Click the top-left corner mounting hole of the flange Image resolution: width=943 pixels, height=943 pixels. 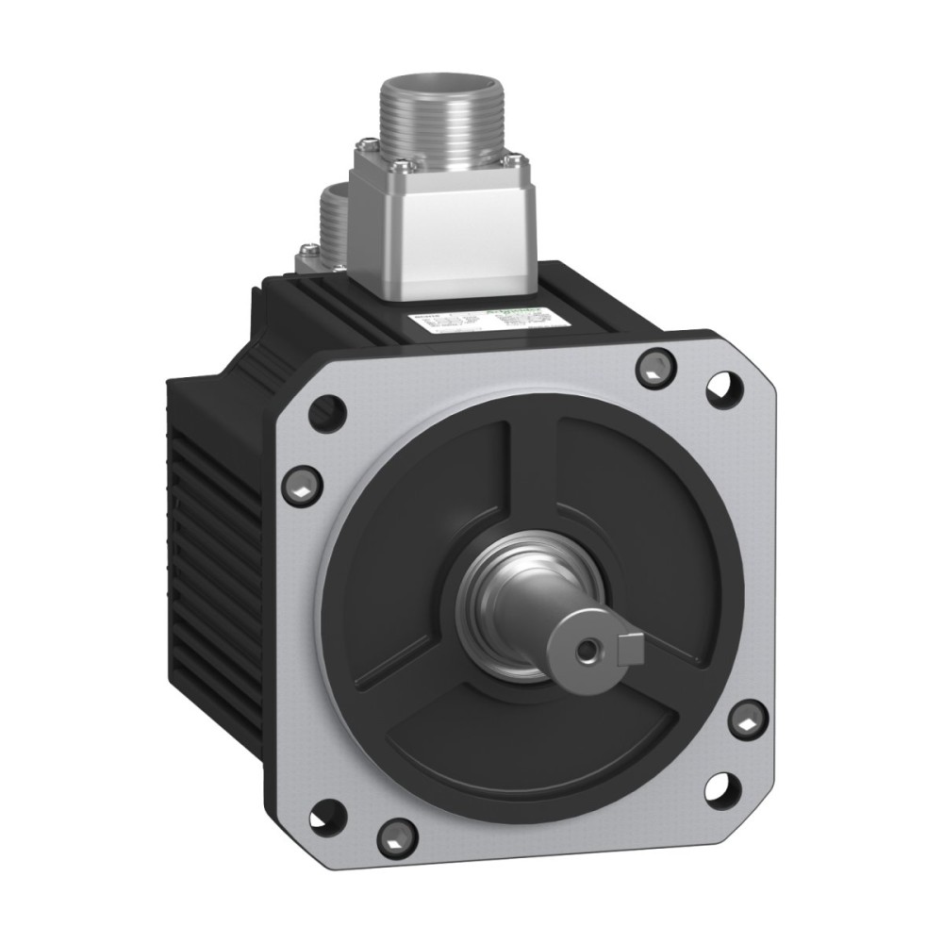tap(327, 411)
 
